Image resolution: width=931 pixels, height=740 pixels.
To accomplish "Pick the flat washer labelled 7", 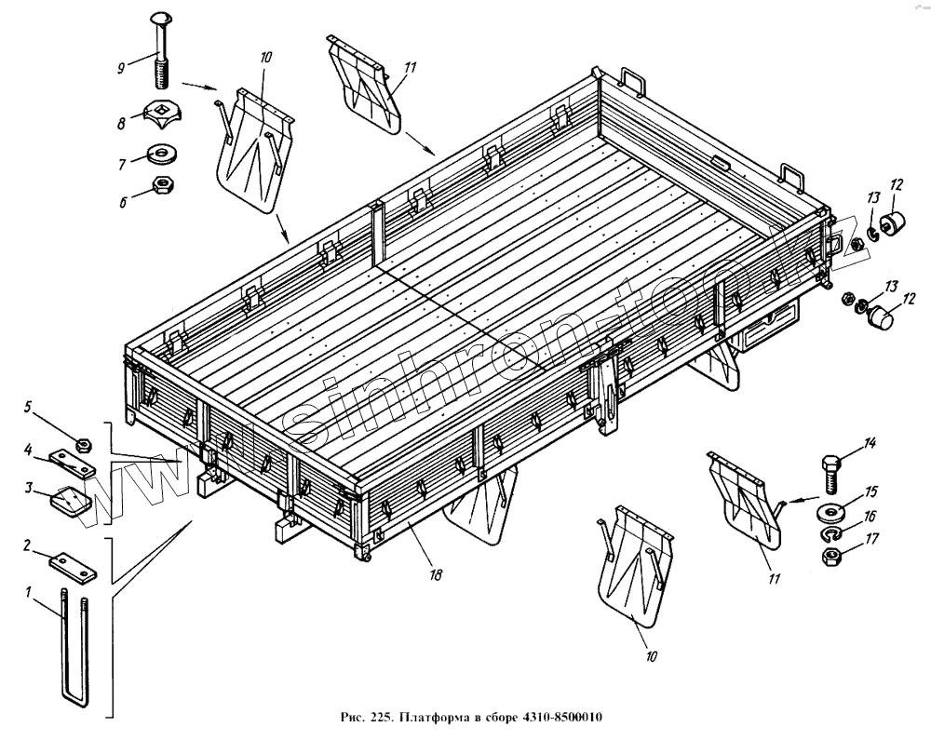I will point(165,151).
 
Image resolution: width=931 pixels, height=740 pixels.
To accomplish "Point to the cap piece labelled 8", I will point(165,116).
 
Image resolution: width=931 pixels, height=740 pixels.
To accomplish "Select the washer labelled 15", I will point(831,512).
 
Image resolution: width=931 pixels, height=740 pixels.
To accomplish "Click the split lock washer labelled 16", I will point(831,535).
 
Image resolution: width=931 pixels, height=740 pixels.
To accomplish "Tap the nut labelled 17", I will point(831,557).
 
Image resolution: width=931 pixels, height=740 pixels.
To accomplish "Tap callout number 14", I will point(870,443).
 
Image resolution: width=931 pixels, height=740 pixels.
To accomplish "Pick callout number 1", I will point(29,592).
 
